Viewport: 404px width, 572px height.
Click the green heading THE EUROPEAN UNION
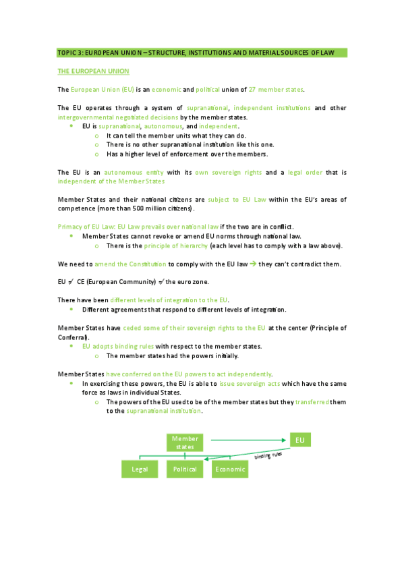coord(93,71)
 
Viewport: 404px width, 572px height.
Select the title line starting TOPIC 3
coord(202,53)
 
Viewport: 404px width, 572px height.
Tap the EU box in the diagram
coord(300,440)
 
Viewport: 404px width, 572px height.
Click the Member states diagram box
coord(185,442)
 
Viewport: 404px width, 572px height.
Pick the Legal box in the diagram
coord(139,469)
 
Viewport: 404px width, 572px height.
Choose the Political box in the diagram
coord(185,469)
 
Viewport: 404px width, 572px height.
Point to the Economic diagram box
coord(229,469)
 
